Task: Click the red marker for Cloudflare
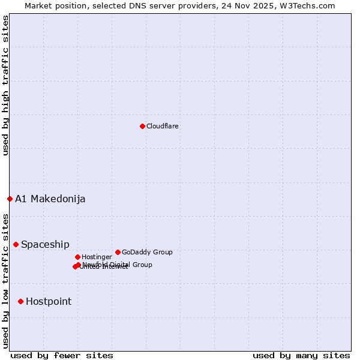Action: [x=142, y=126]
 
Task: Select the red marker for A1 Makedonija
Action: [x=10, y=199]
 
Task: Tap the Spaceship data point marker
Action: [x=16, y=244]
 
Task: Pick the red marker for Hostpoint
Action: [x=20, y=301]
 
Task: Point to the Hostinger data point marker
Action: [x=77, y=257]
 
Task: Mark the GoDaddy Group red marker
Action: [x=118, y=252]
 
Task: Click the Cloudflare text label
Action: [x=163, y=126]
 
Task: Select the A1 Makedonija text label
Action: [x=50, y=199]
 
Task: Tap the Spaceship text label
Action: [x=45, y=244]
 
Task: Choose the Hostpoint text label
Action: [x=49, y=301]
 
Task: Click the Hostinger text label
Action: [x=97, y=257]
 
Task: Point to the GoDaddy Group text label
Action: [x=147, y=252]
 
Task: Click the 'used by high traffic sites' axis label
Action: [x=5, y=85]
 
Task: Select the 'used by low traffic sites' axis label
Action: [x=5, y=280]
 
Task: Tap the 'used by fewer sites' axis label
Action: [x=62, y=355]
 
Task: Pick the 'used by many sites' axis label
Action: [x=301, y=355]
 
